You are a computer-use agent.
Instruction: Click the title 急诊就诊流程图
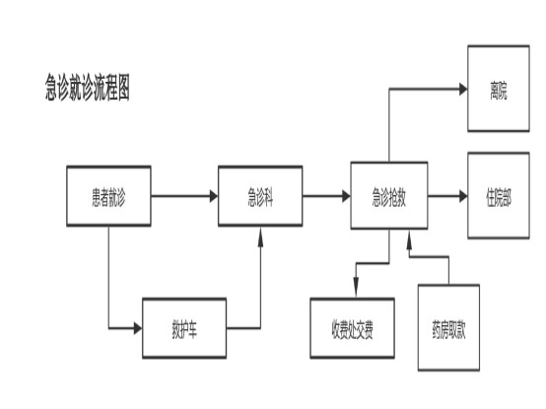[88, 87]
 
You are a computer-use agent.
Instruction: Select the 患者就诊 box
[108, 196]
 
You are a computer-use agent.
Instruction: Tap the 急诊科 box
[260, 196]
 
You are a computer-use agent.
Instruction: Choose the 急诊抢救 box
[389, 195]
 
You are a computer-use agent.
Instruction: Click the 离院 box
[499, 89]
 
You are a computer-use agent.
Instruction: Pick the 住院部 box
[499, 195]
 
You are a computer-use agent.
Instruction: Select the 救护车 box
[184, 328]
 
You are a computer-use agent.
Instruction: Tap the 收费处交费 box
[352, 328]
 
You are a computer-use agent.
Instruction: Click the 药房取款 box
[448, 328]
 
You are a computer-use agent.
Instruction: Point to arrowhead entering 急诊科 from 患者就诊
[214, 196]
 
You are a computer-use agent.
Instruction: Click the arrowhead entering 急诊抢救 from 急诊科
[346, 196]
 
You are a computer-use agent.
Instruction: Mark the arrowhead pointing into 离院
[463, 89]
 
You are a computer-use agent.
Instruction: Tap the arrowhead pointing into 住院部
[463, 196]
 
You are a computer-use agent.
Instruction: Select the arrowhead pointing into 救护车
[138, 328]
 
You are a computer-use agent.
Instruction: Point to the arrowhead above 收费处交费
[356, 287]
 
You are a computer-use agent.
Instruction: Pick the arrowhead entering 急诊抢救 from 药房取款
[410, 240]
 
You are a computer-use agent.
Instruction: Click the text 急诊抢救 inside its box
[389, 197]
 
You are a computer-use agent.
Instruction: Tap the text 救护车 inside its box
[184, 329]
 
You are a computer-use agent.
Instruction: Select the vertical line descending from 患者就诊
[108, 277]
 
